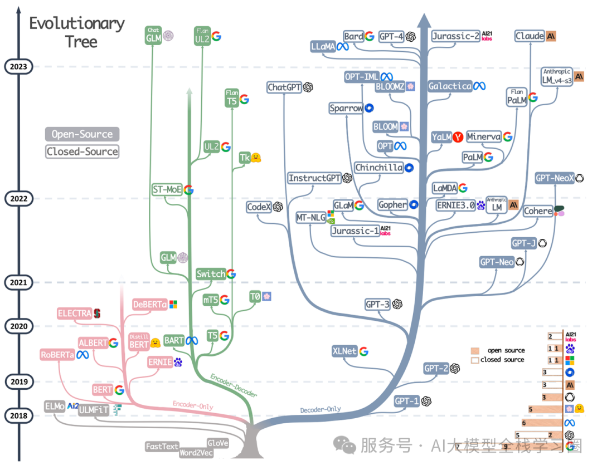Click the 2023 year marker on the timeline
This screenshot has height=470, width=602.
pyautogui.click(x=18, y=67)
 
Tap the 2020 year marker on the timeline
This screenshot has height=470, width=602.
pyautogui.click(x=18, y=326)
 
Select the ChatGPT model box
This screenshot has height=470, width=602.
pyautogui.click(x=284, y=87)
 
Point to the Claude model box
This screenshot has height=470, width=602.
pyautogui.click(x=530, y=36)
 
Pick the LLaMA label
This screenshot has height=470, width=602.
pyautogui.click(x=323, y=47)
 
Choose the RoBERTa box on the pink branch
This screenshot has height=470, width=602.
pyautogui.click(x=57, y=354)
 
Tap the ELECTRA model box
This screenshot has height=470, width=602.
pyautogui.click(x=74, y=314)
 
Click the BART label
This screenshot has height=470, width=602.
pyautogui.click(x=174, y=340)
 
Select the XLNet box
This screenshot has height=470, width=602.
pyautogui.click(x=344, y=351)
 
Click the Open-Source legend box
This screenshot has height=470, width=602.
pyautogui.click(x=82, y=134)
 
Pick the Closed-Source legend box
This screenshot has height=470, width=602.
pyautogui.click(x=82, y=151)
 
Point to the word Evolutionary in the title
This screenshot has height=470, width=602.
pyautogui.click(x=77, y=23)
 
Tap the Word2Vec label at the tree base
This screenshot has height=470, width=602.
pyautogui.click(x=196, y=453)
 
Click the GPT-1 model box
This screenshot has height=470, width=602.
pyautogui.click(x=406, y=401)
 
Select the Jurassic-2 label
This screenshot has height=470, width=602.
pyautogui.click(x=455, y=37)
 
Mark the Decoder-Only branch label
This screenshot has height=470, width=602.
pyautogui.click(x=321, y=409)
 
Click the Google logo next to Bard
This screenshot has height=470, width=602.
pyautogui.click(x=369, y=37)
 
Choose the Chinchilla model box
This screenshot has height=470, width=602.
pyautogui.click(x=379, y=168)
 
